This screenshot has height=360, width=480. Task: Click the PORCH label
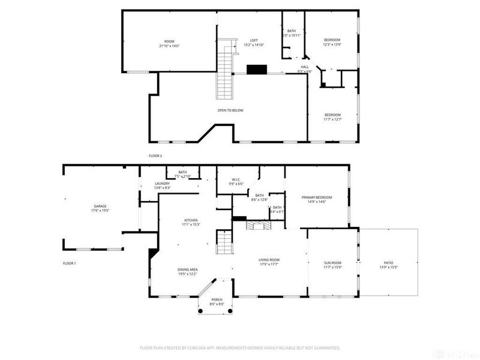coord(217,302)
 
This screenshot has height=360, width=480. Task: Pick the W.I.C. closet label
coord(237,181)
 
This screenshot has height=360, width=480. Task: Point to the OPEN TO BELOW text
coord(230,110)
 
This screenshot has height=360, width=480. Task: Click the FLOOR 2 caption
coord(155,155)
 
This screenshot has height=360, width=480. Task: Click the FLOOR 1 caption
coord(70,263)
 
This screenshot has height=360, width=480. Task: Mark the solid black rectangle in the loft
coord(257,69)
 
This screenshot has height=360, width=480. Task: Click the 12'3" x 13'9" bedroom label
coord(332,42)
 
